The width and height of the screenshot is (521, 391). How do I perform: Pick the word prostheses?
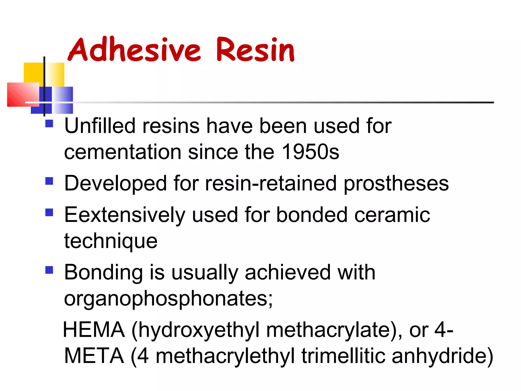[396, 184]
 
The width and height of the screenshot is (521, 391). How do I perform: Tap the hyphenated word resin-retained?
[271, 183]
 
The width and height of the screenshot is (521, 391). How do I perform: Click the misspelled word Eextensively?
[125, 215]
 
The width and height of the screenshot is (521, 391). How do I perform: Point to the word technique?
[111, 241]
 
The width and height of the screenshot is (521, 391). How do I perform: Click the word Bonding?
[103, 272]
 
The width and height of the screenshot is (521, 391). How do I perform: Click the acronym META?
[94, 356]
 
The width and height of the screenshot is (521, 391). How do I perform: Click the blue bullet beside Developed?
[49, 181]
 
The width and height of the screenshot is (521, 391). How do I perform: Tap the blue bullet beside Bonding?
[49, 270]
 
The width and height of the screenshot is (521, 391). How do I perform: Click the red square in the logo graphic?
[23, 94]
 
